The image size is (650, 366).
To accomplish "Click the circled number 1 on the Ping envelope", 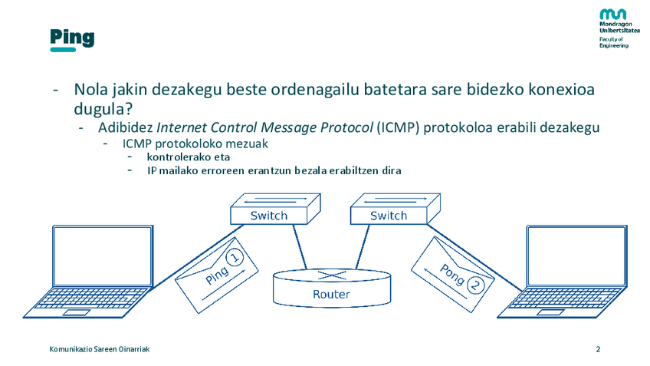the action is [x=236, y=259].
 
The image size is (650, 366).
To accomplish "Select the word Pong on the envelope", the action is [x=451, y=272].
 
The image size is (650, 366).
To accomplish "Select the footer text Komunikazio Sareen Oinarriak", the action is [x=99, y=349].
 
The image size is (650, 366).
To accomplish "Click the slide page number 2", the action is [x=598, y=349].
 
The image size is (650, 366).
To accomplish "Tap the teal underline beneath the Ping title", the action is [x=62, y=50].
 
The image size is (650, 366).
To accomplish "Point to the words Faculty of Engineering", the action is [x=613, y=42].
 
